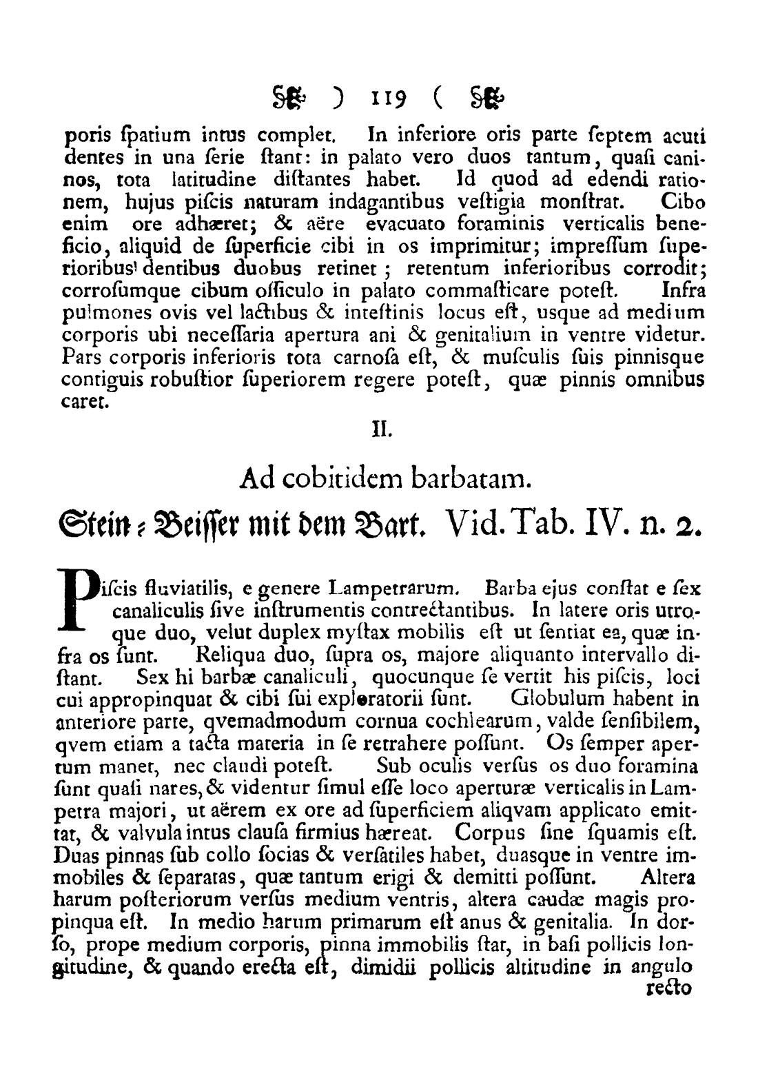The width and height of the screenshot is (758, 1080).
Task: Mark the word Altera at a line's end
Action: point(668,879)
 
